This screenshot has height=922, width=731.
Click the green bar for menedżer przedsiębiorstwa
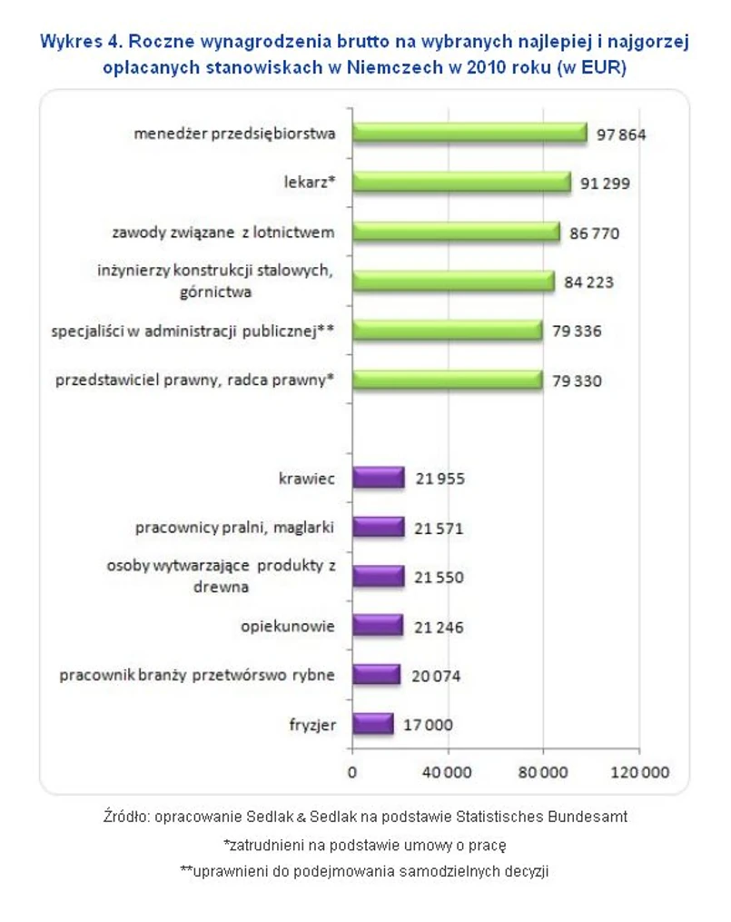[469, 134]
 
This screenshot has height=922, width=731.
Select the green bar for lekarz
[460, 183]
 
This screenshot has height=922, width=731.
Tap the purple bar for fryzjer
[371, 724]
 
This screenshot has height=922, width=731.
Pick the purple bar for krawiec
[377, 478]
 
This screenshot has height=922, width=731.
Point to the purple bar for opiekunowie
[376, 625]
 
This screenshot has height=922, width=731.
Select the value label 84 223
[588, 283]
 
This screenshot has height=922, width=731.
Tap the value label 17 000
[428, 725]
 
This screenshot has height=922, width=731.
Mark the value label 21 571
[439, 528]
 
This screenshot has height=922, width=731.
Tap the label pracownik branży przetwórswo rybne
[197, 675]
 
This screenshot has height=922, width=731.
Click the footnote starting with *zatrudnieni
[364, 844]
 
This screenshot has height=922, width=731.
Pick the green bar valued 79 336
[446, 331]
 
